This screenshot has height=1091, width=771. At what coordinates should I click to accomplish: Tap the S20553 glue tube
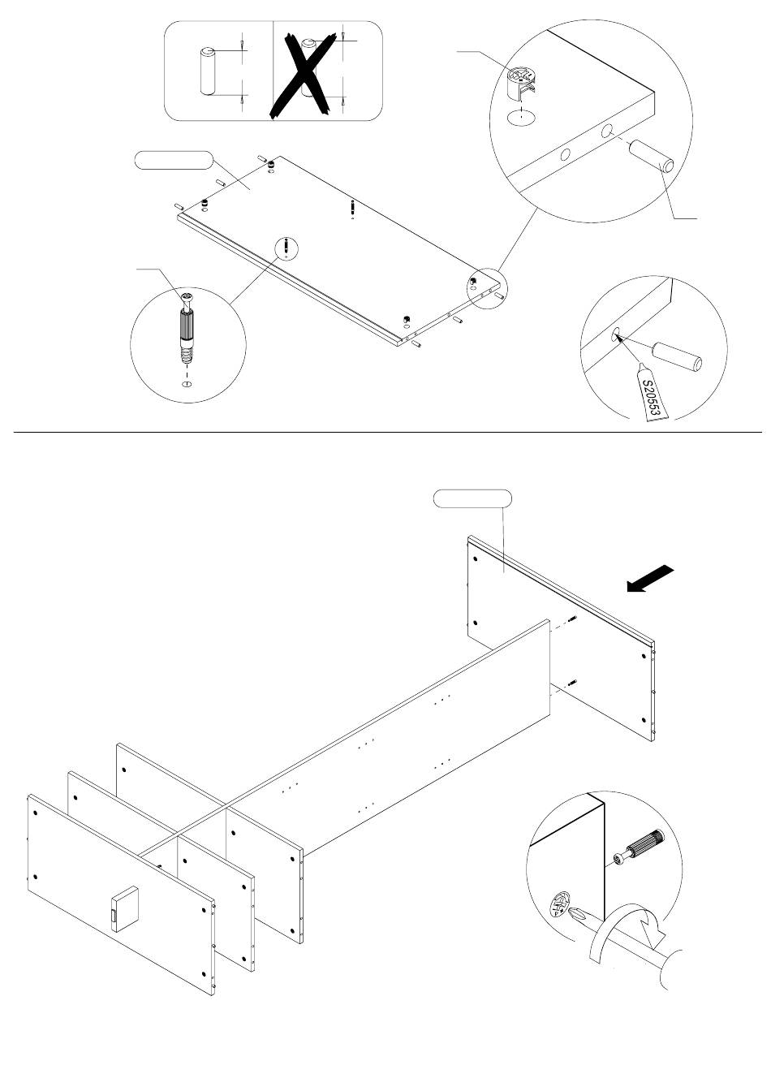pyautogui.click(x=654, y=396)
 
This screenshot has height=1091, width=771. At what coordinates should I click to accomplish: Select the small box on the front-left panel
pyautogui.click(x=123, y=909)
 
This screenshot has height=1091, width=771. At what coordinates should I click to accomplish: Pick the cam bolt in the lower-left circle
pyautogui.click(x=186, y=328)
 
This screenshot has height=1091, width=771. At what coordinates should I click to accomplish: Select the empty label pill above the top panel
pyautogui.click(x=172, y=161)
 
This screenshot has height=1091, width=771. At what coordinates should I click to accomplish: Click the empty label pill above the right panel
pyautogui.click(x=472, y=498)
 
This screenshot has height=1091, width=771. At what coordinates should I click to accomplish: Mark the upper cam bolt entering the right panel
pyautogui.click(x=571, y=621)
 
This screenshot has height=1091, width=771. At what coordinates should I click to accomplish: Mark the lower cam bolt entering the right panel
pyautogui.click(x=571, y=682)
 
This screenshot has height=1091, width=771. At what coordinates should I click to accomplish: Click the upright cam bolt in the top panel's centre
pyautogui.click(x=352, y=208)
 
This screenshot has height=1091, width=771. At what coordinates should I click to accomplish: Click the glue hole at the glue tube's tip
pyautogui.click(x=616, y=333)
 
